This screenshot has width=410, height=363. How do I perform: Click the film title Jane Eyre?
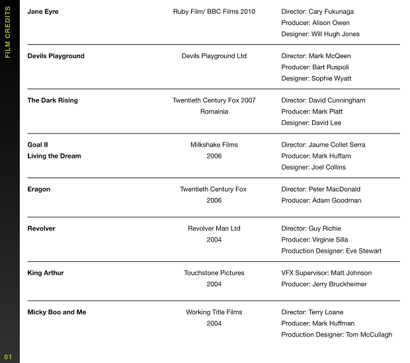(x=43, y=12)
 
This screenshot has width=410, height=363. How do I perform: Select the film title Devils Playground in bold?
(x=56, y=56)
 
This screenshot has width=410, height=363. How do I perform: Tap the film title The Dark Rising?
(x=52, y=100)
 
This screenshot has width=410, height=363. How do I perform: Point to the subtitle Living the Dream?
(x=54, y=156)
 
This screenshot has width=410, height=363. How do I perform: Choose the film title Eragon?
(x=38, y=189)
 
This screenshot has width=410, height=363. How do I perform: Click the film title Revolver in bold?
(x=41, y=228)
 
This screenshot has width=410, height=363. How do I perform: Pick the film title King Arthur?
(x=46, y=273)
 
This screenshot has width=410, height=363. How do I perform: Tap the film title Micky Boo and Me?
(x=57, y=312)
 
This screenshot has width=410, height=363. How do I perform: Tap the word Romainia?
(x=214, y=112)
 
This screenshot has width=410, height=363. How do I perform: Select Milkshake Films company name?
(x=214, y=145)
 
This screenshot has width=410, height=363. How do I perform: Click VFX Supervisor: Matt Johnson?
(x=327, y=273)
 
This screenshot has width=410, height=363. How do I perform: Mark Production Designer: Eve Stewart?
(x=331, y=251)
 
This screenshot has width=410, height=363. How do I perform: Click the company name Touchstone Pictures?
(x=214, y=273)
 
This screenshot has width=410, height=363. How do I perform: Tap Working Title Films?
(x=214, y=312)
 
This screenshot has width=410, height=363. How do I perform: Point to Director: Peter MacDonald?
(x=322, y=189)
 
